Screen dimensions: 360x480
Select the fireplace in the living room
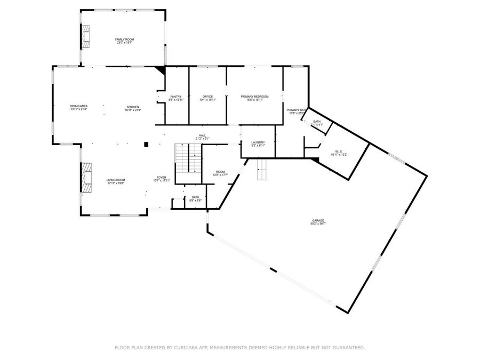pos(86,177)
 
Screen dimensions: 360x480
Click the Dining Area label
pos(78,106)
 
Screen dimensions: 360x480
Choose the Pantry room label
pos(175,97)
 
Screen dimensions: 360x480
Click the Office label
pos(207,97)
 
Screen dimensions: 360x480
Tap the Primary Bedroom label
pos(254,97)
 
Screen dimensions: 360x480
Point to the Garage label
pos(318,220)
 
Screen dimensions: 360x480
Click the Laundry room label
pos(258,142)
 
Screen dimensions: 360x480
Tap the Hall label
pos(203,135)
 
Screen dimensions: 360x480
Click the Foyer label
pos(162,177)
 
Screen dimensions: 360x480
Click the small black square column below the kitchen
pos(146,143)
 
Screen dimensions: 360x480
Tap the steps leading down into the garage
pos(262,173)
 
